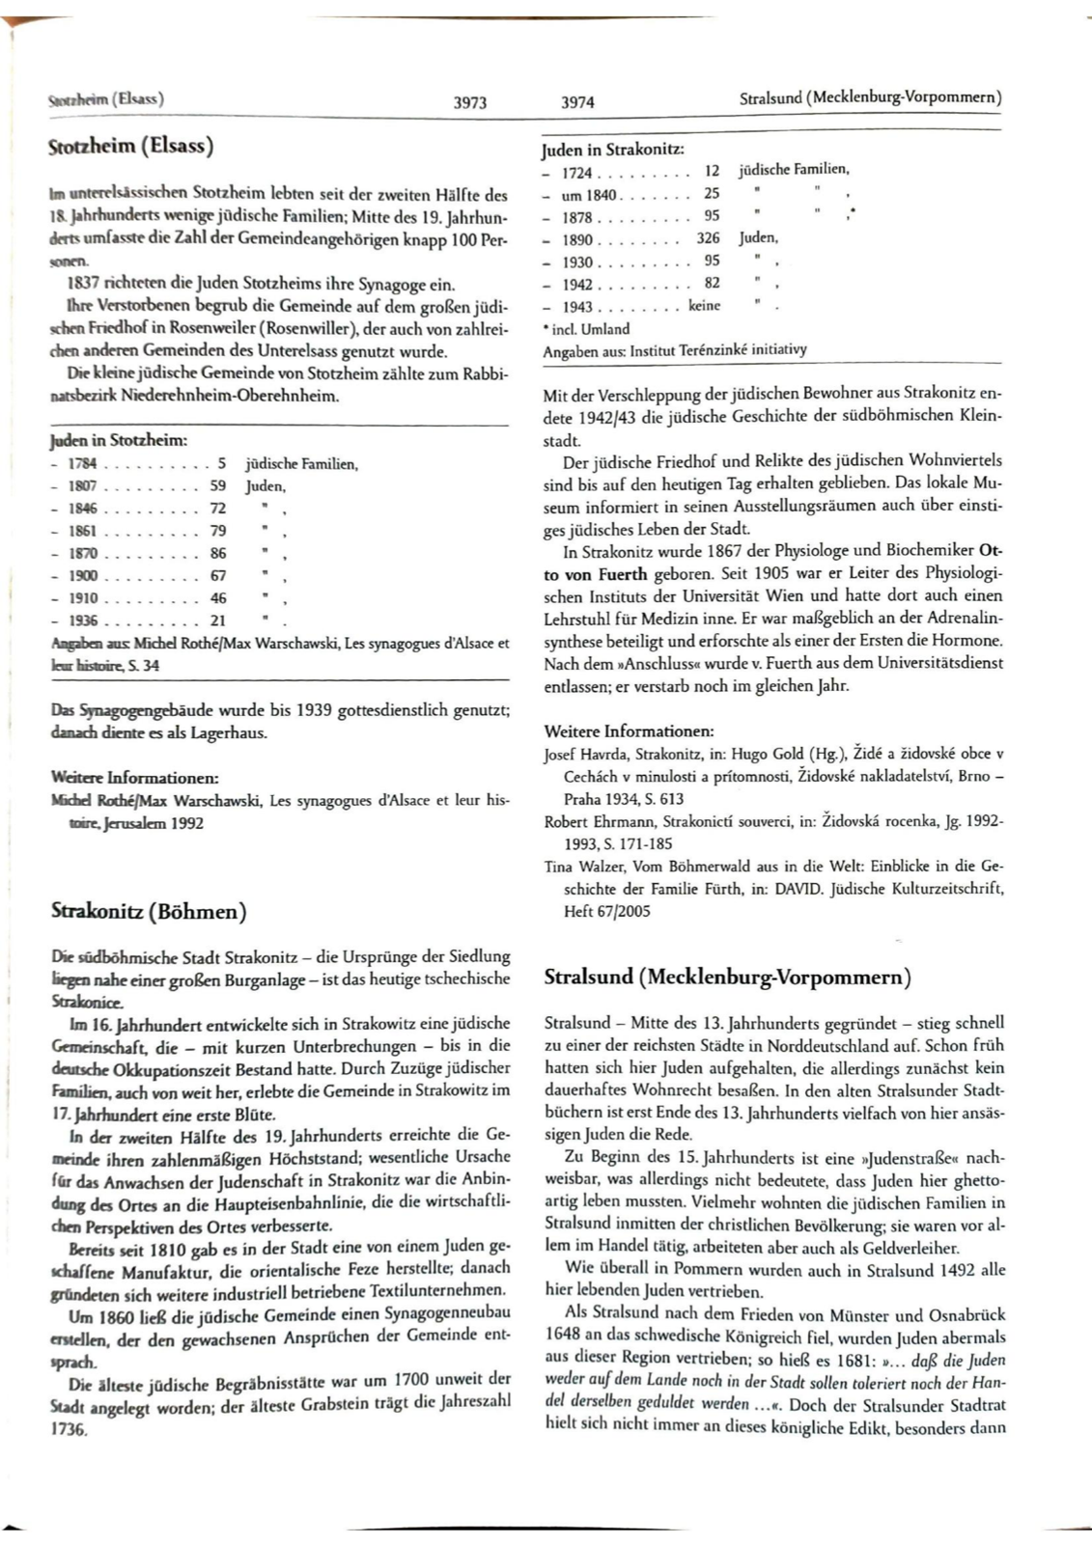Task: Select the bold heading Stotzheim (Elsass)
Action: [130, 146]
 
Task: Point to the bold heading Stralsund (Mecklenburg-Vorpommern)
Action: [727, 977]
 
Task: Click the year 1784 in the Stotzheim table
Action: [82, 464]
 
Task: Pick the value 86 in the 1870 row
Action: [218, 553]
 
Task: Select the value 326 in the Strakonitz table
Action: [708, 237]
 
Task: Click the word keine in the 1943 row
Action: [704, 305]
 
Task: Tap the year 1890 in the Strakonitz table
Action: [577, 239]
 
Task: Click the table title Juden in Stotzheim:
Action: [118, 441]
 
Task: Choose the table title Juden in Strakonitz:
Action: [613, 150]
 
